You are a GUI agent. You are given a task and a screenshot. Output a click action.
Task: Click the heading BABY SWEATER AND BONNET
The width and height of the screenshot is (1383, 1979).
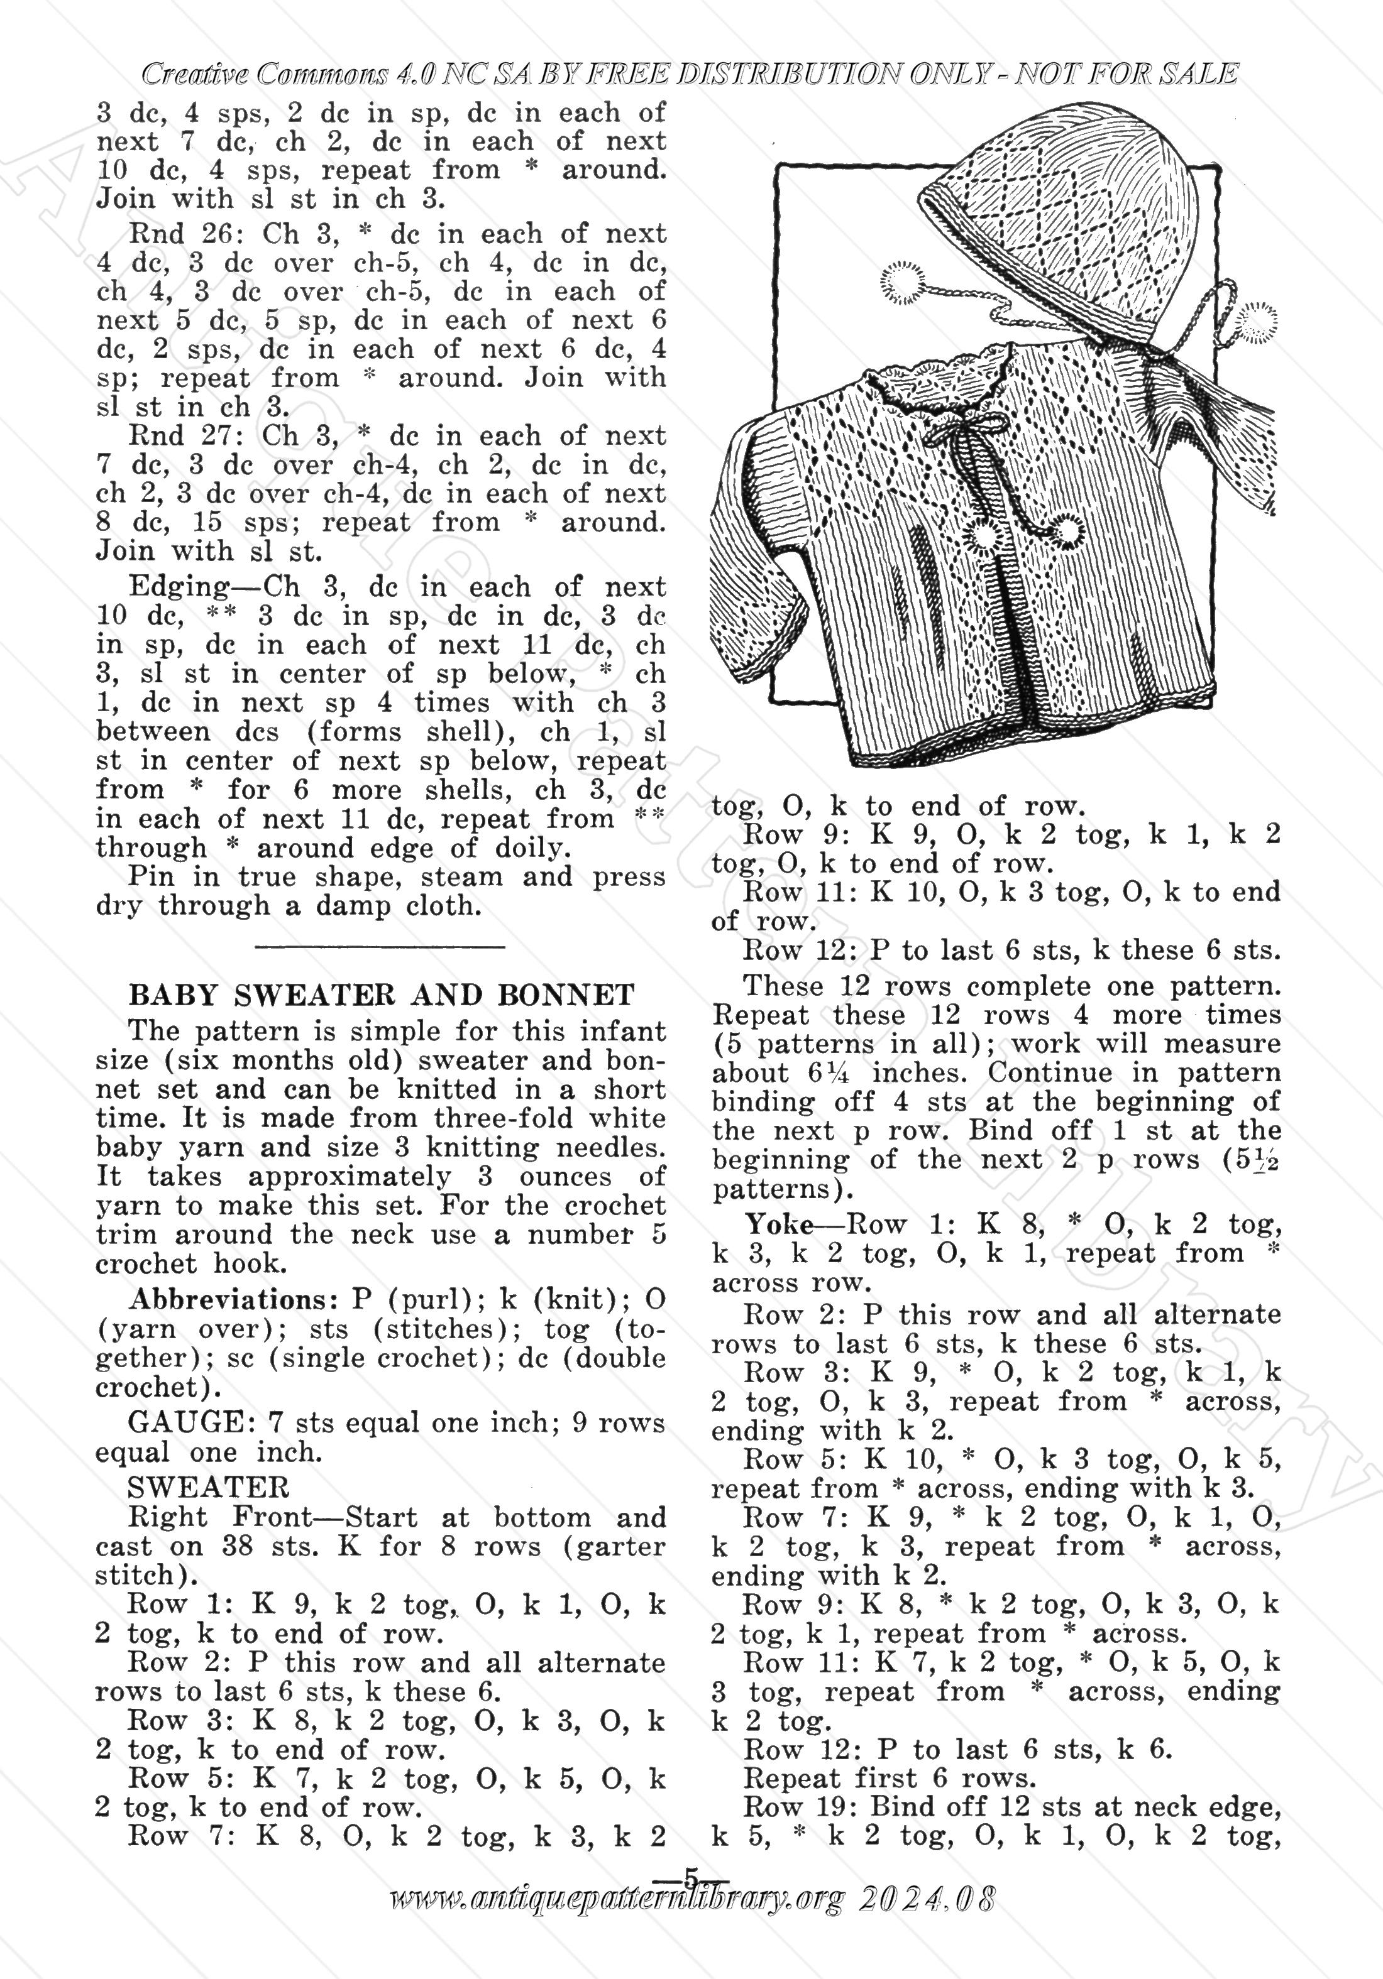point(381,996)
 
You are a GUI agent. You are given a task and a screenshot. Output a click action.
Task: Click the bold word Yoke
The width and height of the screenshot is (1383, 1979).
point(780,1224)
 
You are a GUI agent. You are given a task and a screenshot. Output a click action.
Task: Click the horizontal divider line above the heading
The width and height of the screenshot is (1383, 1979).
point(380,947)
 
